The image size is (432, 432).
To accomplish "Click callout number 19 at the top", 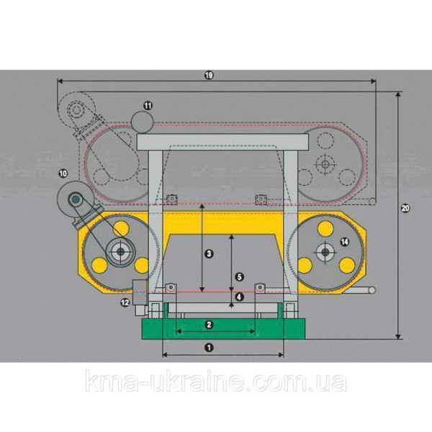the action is coord(209,75).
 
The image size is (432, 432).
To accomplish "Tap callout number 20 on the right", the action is coord(405,208).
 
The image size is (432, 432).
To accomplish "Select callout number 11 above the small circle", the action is coord(148,106).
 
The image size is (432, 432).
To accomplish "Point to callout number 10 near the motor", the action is coord(63,174).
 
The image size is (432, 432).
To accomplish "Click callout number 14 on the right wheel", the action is coord(345,242).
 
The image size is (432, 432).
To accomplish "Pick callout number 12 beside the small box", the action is coord(125,303).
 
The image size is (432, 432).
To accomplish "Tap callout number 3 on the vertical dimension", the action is coord(209,253).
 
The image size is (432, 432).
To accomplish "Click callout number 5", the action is coord(240,276).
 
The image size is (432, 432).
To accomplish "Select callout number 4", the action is coord(240,297).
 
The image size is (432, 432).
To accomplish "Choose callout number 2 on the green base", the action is coord(209,325).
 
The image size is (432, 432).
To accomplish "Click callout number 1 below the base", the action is coord(209,348).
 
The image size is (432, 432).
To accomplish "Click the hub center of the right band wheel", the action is coord(325,251).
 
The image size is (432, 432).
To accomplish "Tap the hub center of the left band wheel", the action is coord(120,251).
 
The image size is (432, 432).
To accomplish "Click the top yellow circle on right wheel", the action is coord(325,229).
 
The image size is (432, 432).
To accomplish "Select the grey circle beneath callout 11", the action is coord(142,122).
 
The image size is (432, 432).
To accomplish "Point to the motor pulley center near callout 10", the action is coord(76,199).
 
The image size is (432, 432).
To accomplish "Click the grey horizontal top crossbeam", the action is coord(222,142).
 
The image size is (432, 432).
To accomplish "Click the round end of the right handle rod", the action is coord(372,290).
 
